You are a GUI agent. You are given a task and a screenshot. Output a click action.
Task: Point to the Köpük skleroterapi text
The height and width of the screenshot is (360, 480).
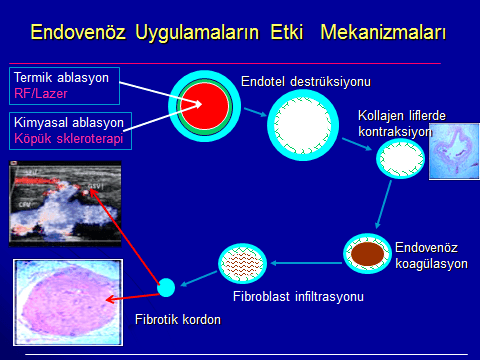click(x=69, y=138)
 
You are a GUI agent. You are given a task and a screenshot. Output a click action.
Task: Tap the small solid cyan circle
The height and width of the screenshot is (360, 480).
click(x=167, y=288)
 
